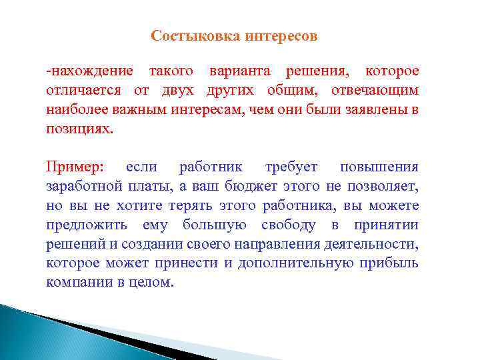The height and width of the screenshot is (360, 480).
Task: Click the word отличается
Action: [80, 90]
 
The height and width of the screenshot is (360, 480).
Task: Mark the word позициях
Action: [79, 129]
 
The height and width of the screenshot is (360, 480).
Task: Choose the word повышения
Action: [379, 167]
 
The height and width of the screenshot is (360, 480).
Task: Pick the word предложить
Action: [85, 225]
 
